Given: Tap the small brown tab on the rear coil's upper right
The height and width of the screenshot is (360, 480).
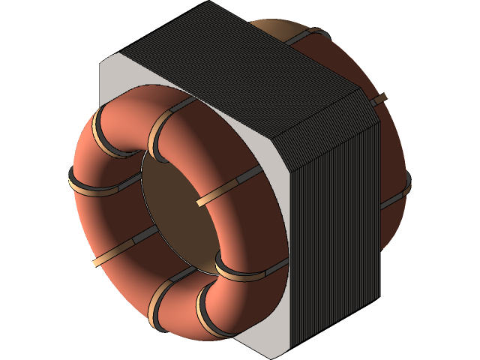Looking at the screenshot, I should (x=379, y=98).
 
